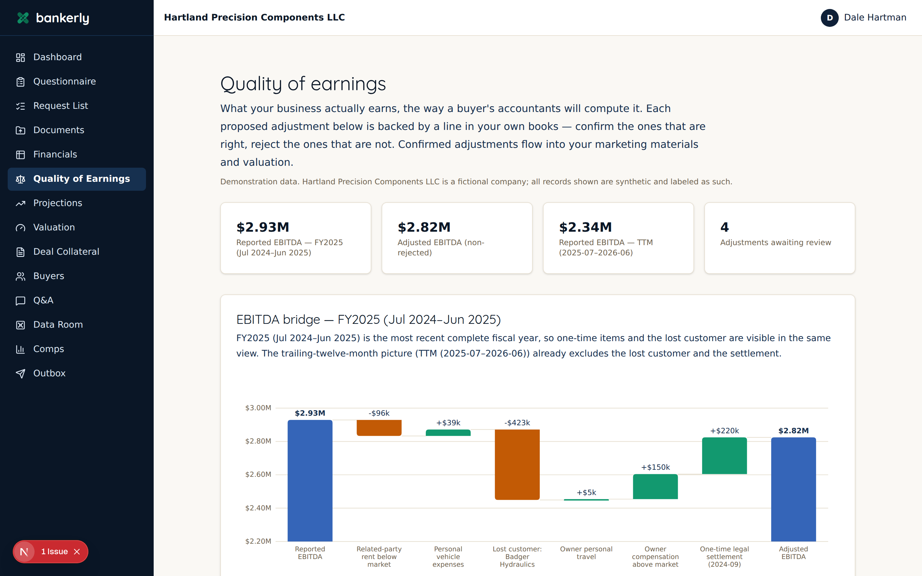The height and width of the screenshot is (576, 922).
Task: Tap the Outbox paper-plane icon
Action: tap(20, 373)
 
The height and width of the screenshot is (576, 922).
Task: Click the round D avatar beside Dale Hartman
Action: tap(829, 18)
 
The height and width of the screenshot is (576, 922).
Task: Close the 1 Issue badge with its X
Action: tap(77, 552)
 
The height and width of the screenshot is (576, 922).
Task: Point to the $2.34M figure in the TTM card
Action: tap(585, 227)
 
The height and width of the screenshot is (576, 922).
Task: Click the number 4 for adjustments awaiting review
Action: tap(724, 227)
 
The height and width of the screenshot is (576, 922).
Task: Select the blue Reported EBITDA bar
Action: tap(310, 480)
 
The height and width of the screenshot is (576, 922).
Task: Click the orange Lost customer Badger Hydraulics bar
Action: tap(517, 464)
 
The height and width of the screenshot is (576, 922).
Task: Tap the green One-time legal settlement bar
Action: tap(724, 456)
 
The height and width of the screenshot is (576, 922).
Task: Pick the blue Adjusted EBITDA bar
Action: tap(793, 489)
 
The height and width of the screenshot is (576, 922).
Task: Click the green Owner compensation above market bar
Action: tap(655, 486)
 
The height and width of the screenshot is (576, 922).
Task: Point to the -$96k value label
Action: tap(379, 413)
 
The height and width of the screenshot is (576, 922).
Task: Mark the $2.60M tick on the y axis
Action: tap(258, 474)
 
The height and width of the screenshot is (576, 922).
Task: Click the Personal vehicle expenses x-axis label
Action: tap(448, 556)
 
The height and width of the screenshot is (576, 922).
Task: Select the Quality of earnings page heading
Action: tap(303, 84)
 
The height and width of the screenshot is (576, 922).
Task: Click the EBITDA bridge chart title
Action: tap(368, 319)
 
